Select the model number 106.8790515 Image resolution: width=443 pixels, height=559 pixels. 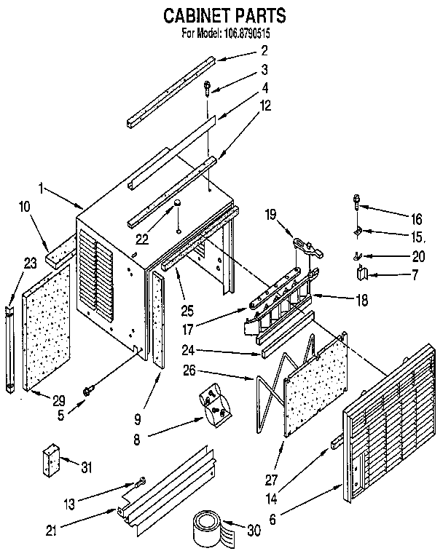[251, 33]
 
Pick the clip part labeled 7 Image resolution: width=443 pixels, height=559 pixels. [362, 273]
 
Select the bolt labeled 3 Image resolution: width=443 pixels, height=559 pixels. [209, 87]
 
